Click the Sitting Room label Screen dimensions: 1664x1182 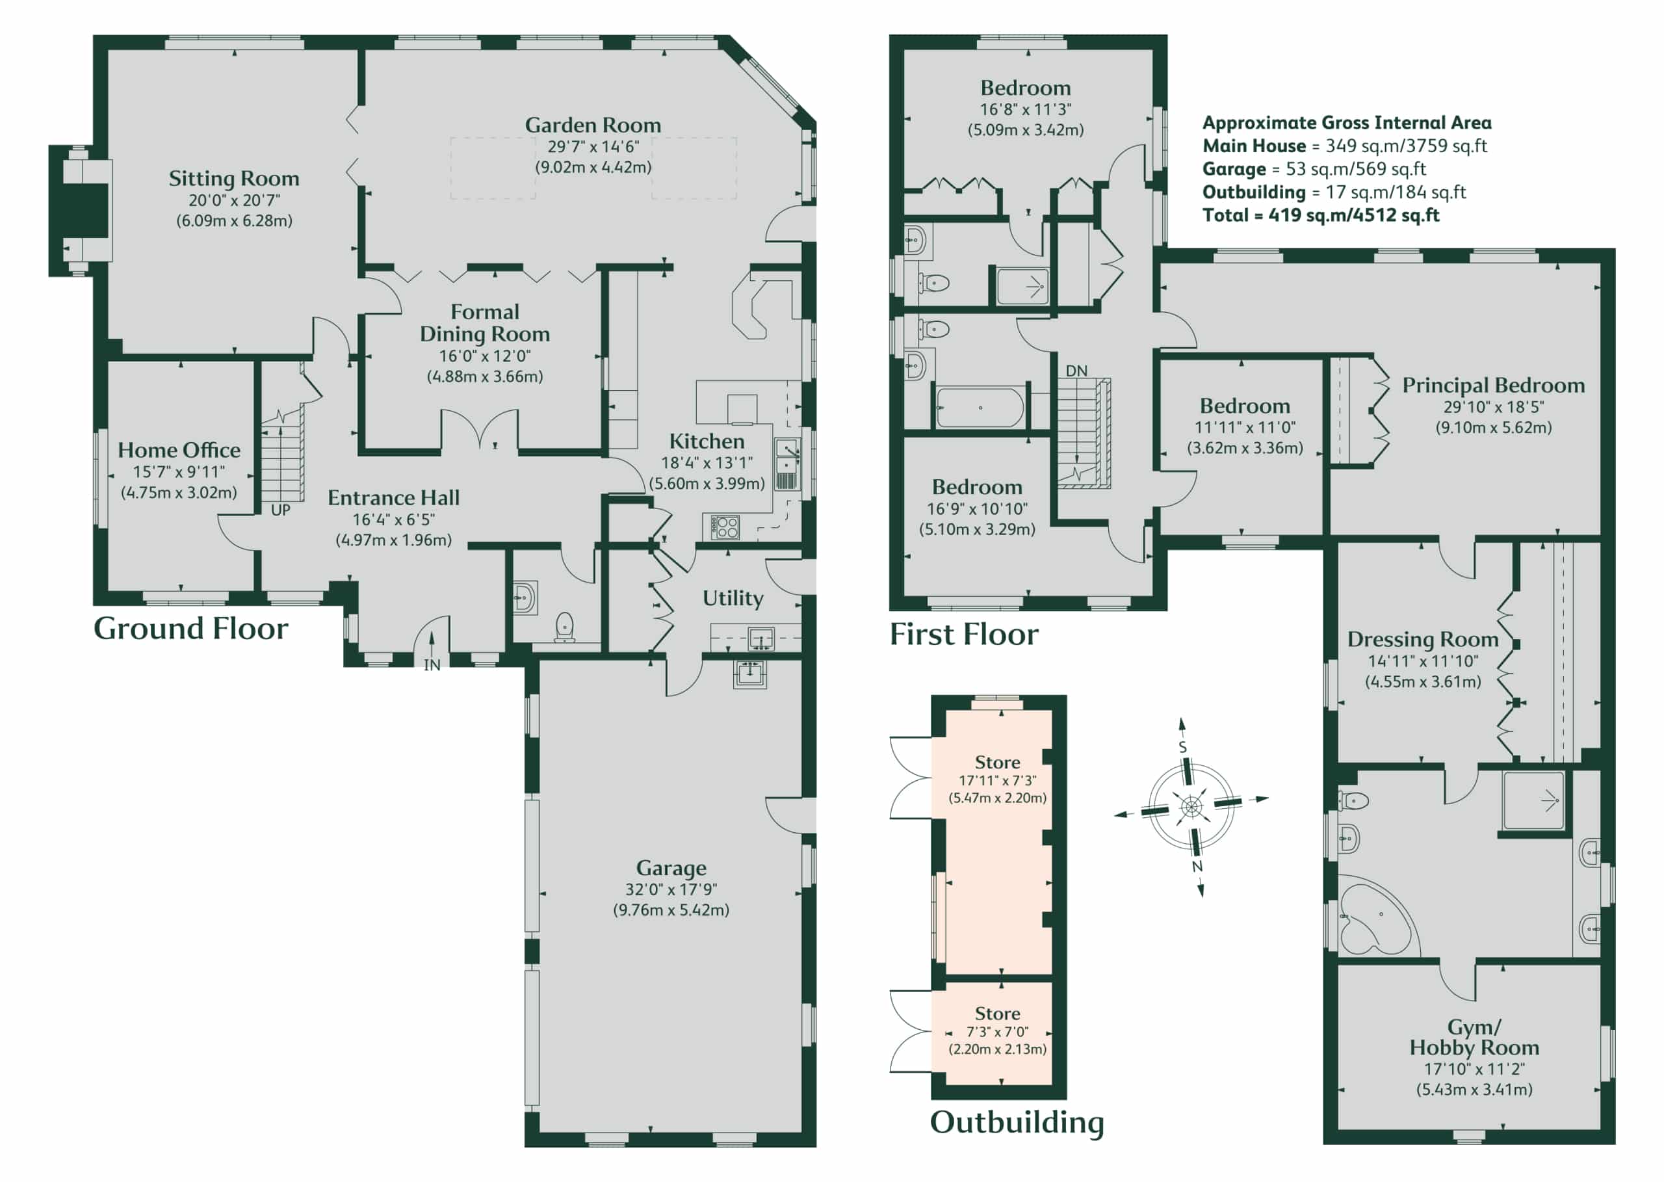point(233,178)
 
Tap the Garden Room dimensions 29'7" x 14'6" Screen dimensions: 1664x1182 point(593,146)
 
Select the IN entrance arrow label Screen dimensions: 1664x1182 point(432,665)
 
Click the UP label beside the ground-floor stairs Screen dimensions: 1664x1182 point(281,510)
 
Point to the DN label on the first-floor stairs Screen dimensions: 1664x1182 point(1077,371)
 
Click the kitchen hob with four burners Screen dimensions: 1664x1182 point(725,527)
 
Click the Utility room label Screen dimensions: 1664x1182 point(733,598)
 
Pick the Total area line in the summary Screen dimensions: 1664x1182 point(1321,215)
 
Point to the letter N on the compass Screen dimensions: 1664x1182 point(1197,866)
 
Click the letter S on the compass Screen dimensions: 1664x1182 point(1182,748)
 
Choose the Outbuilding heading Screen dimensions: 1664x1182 point(1017,1122)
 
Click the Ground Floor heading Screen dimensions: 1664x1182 point(190,628)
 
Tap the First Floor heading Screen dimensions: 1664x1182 point(964,634)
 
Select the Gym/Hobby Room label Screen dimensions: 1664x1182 point(1474,1037)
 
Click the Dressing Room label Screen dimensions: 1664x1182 point(1422,639)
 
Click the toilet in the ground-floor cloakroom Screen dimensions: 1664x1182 point(565,627)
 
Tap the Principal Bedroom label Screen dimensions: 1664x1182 point(1493,385)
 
